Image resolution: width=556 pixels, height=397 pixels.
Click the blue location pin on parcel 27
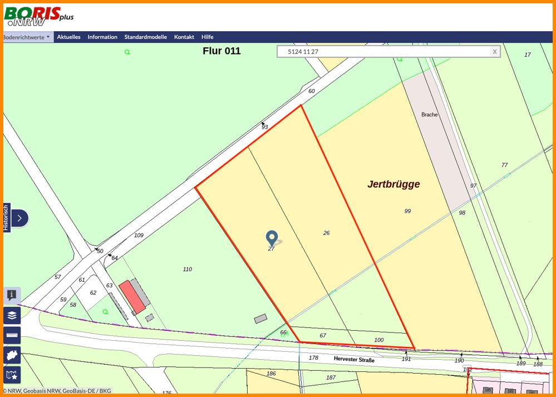(x=272, y=238)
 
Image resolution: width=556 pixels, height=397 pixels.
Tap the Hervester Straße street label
(x=354, y=360)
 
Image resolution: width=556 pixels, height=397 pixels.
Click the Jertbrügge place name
(x=393, y=184)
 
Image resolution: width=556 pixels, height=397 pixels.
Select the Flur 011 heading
(x=222, y=51)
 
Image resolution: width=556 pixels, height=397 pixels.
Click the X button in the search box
(x=494, y=52)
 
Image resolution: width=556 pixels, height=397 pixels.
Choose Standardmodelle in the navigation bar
(x=145, y=37)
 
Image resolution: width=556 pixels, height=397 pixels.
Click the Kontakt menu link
(x=184, y=37)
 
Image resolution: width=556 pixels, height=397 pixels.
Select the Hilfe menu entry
(x=207, y=37)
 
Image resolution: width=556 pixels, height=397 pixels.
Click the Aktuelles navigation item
(x=68, y=37)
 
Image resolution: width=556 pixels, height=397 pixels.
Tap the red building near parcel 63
(x=132, y=297)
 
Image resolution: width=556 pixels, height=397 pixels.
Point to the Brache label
(x=429, y=115)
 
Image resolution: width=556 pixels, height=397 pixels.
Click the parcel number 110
(x=188, y=269)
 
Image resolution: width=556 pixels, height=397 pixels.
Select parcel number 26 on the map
(x=327, y=233)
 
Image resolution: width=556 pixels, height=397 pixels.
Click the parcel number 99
(x=407, y=211)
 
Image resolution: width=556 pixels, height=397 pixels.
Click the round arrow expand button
(x=19, y=218)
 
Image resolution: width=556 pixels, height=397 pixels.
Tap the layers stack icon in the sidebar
(x=12, y=316)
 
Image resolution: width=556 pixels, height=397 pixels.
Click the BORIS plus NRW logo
(x=38, y=17)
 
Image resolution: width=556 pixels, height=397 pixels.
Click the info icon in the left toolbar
(x=12, y=296)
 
